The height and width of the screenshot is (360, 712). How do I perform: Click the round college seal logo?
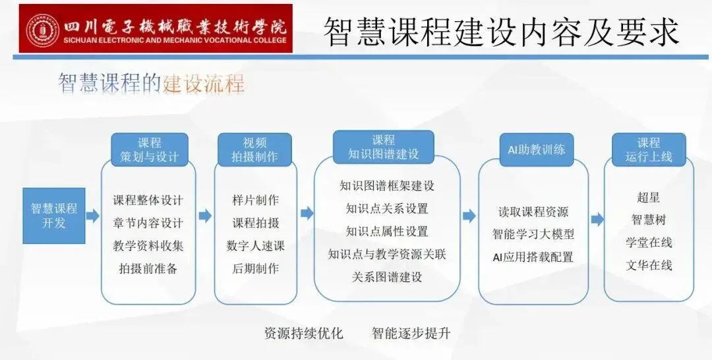coord(42,29)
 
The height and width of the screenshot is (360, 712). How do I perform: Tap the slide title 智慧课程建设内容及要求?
coord(500,30)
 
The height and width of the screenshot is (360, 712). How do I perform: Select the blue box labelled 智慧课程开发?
coord(54,215)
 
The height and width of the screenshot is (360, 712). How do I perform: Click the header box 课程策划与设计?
coord(149,150)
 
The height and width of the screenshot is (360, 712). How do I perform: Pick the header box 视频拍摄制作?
coord(255,150)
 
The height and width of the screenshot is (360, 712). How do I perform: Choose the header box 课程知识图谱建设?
coord(383,147)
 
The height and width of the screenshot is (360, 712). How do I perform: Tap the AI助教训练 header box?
coord(536,149)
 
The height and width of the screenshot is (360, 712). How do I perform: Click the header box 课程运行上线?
coord(648,150)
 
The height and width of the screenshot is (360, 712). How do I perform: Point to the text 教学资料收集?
coord(148,245)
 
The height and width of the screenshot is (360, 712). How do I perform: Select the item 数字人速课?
coord(256,245)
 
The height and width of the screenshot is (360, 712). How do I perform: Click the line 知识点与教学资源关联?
coord(387,254)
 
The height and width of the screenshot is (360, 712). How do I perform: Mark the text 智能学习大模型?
coord(533,234)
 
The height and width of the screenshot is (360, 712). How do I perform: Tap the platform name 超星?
coord(649,197)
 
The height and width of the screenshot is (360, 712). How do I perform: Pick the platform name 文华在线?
coord(649,265)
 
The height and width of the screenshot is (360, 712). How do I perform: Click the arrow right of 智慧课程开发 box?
coord(92,215)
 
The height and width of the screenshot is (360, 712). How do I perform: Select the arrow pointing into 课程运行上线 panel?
coord(597,220)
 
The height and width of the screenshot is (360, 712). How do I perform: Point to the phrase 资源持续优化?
coord(304,333)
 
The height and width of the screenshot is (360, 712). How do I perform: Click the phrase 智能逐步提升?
coord(411,333)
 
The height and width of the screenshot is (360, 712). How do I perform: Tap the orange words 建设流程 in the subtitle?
coord(204,84)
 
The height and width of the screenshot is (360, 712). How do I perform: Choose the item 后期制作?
coord(256,268)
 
